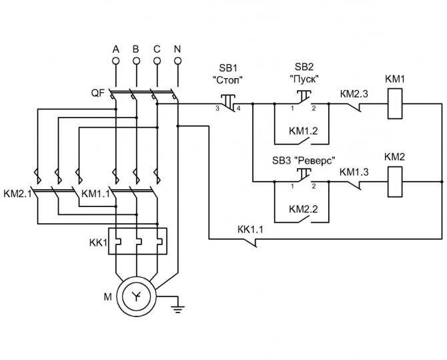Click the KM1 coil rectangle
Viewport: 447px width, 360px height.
point(395,104)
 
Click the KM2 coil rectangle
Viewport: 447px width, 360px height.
point(395,182)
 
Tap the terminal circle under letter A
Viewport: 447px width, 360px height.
point(115,61)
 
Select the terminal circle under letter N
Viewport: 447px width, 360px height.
point(177,61)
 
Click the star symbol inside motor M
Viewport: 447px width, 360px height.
point(137,297)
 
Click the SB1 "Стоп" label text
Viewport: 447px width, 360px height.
point(228,74)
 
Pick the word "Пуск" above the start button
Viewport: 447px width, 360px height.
point(304,79)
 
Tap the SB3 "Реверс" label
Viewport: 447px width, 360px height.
point(304,160)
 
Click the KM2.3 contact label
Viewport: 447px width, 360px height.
point(354,94)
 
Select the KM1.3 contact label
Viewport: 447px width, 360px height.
point(354,172)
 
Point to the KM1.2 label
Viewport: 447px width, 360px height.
point(303,131)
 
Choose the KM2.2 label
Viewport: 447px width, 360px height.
point(303,209)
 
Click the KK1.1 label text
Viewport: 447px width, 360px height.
point(250,229)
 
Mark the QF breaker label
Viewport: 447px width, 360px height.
point(98,93)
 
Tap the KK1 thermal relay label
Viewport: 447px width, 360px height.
point(98,242)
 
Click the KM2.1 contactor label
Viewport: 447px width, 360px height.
point(17,194)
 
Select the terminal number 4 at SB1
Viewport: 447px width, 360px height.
point(238,108)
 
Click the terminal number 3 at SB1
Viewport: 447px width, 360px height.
point(217,108)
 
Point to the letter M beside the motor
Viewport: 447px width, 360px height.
point(108,297)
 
